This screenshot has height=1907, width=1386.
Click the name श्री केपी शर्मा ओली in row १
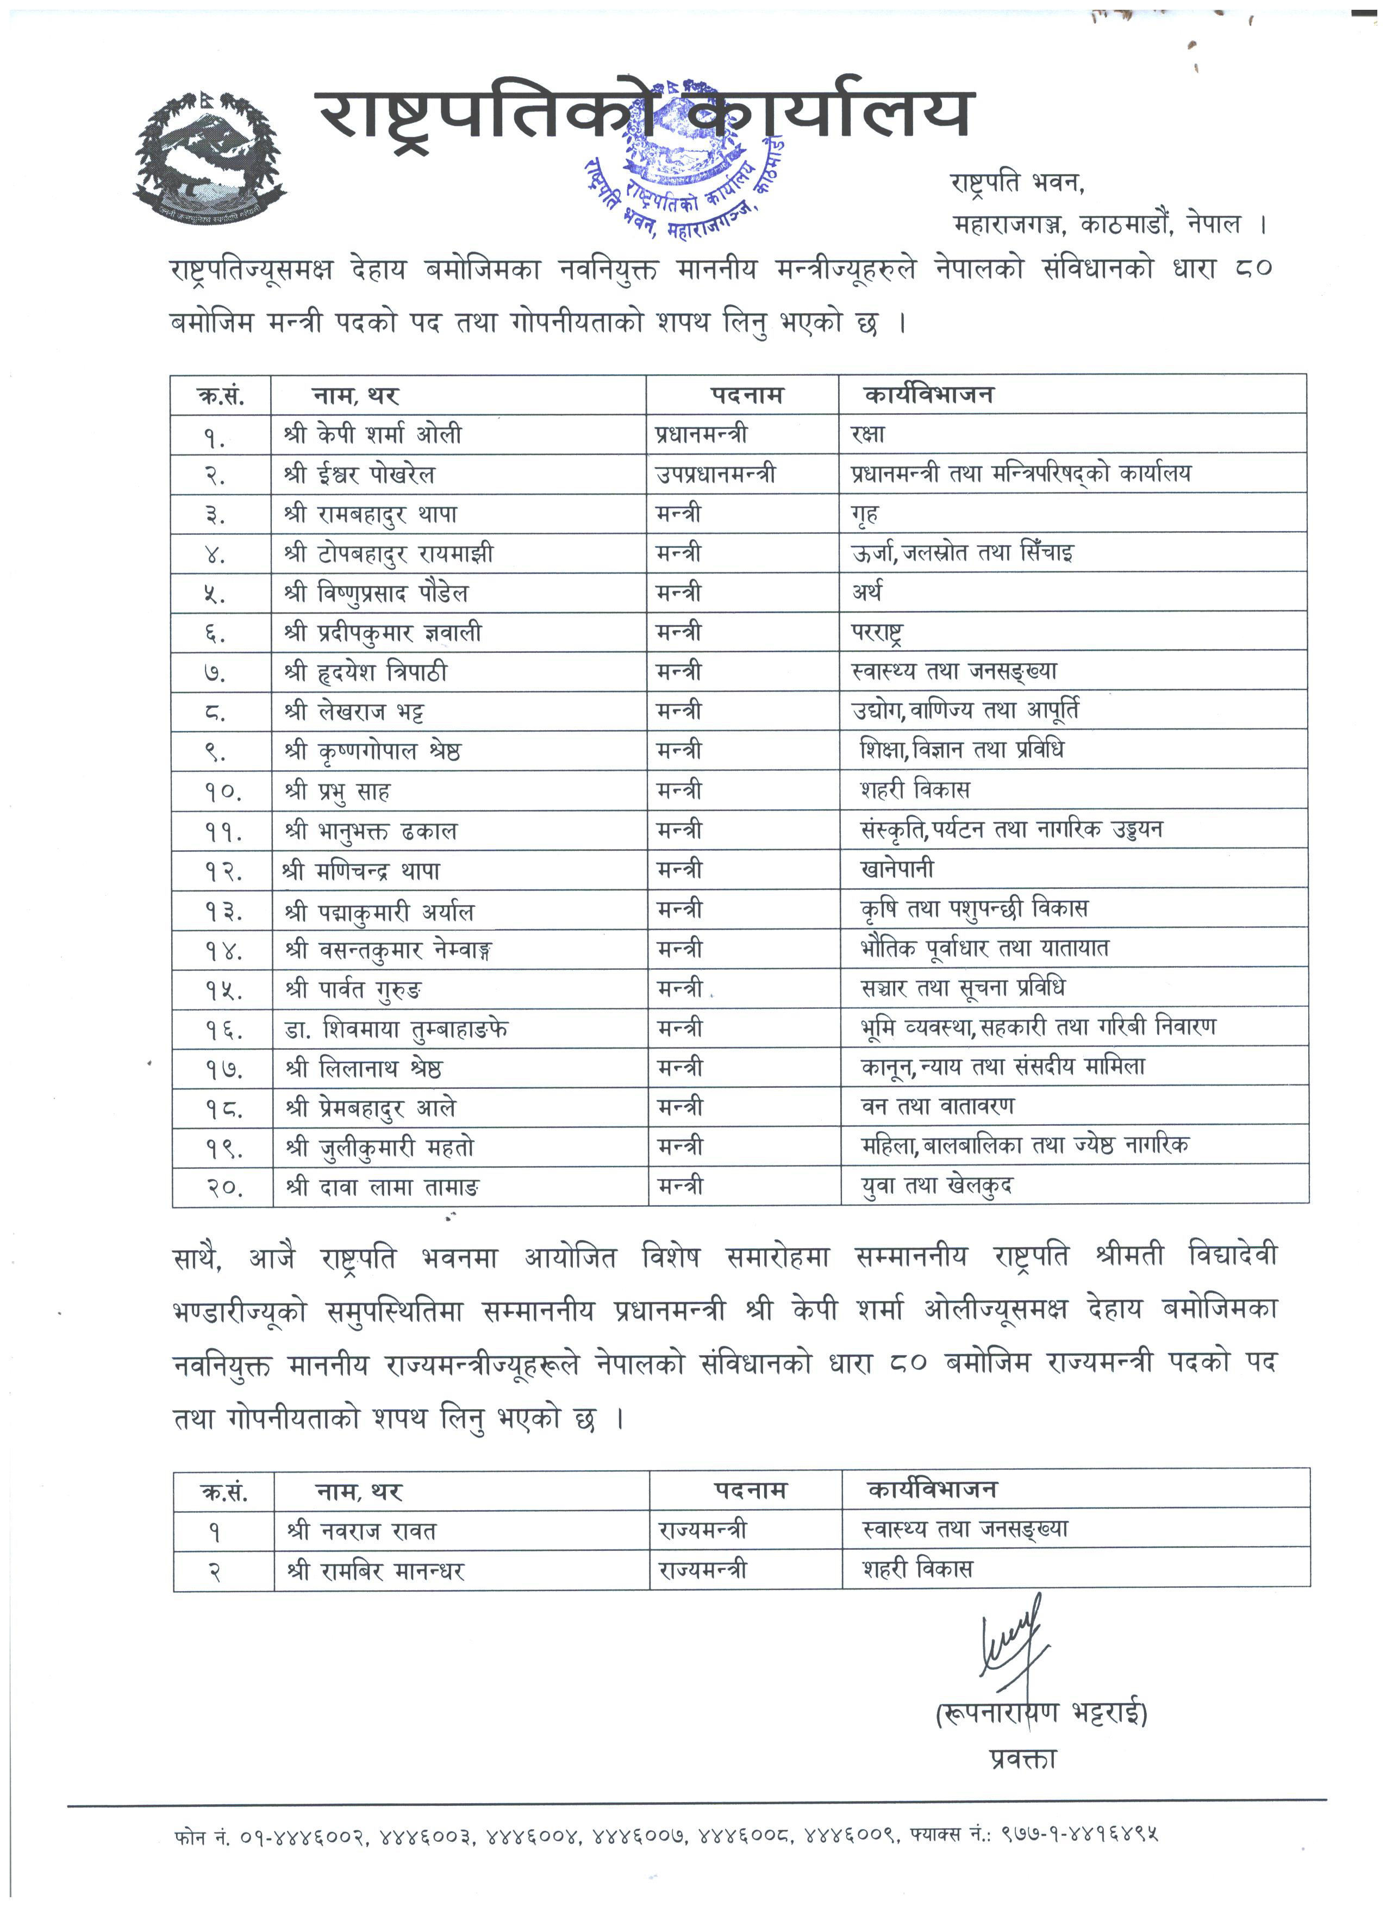click(x=372, y=435)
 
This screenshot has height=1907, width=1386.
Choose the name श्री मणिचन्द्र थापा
click(x=361, y=870)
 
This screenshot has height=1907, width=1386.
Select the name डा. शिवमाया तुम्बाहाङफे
click(x=396, y=1029)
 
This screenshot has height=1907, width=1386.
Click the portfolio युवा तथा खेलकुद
click(x=937, y=1186)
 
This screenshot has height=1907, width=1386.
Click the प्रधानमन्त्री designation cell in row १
click(x=701, y=435)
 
